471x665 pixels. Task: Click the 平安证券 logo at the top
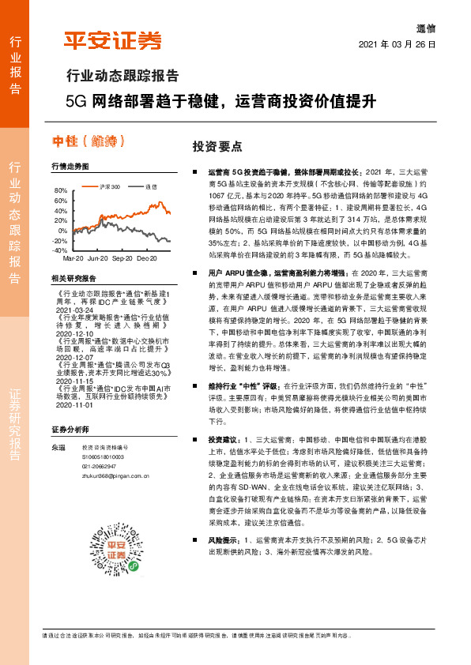(112, 40)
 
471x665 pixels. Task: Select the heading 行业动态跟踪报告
(121, 77)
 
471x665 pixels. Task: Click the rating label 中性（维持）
(89, 141)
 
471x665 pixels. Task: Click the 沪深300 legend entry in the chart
(107, 186)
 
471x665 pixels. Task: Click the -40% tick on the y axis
(60, 250)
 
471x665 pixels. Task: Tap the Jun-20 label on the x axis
(98, 258)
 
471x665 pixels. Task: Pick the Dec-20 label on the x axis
(146, 258)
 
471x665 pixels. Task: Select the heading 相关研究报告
(73, 279)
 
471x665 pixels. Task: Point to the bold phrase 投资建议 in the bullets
(222, 438)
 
